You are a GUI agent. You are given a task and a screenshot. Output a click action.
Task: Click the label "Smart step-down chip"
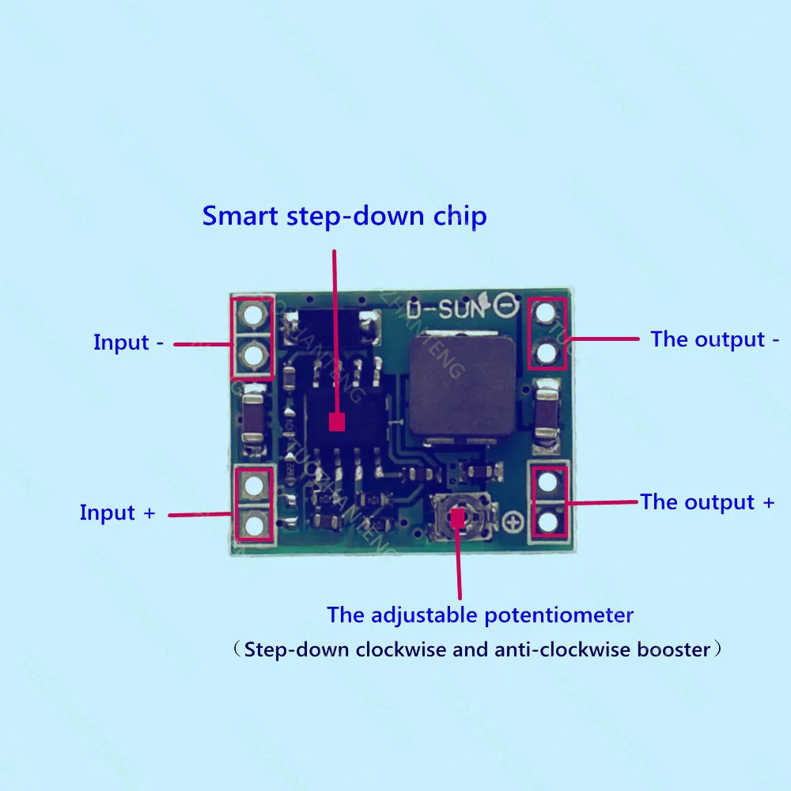point(344,216)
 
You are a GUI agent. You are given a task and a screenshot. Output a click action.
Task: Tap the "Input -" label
point(129,343)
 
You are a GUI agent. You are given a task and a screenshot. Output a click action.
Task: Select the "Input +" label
point(118,513)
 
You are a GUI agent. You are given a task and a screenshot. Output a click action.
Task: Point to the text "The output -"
point(714,339)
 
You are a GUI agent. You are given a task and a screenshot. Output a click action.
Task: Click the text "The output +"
point(707,502)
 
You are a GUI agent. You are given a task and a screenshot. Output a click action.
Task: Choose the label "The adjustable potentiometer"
point(480,615)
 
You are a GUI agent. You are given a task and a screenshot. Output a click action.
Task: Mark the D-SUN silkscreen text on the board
point(443,308)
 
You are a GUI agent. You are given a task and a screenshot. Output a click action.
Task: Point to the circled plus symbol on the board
point(514,521)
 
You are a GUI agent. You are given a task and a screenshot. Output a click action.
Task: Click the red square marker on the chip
point(337,422)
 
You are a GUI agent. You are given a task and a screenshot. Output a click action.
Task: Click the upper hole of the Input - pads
point(253,316)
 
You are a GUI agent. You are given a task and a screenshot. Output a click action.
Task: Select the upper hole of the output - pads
point(546,312)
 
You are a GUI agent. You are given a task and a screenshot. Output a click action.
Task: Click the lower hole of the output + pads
point(548,521)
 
